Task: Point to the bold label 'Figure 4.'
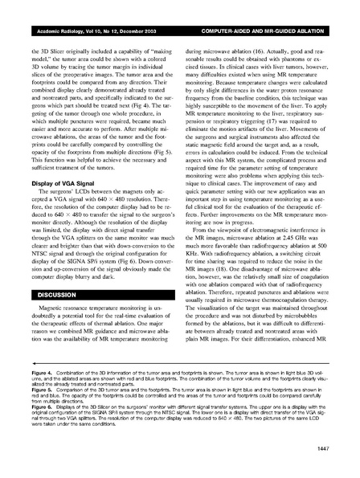[37, 396]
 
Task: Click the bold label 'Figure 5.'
[37, 411]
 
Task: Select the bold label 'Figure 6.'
[37, 427]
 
